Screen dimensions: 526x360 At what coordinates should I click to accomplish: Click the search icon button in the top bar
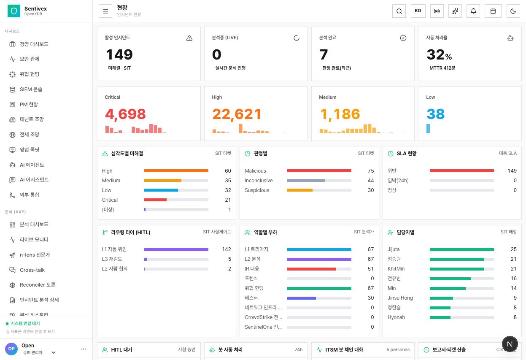click(399, 11)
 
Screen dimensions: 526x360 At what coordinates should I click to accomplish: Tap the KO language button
click(418, 11)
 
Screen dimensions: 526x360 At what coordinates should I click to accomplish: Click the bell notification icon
click(473, 11)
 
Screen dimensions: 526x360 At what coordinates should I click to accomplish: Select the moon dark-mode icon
click(513, 11)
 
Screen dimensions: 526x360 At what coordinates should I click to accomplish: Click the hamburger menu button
click(105, 11)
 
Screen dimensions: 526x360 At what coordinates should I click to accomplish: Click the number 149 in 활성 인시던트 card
click(119, 54)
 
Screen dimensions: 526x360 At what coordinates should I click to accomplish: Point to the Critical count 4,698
click(125, 114)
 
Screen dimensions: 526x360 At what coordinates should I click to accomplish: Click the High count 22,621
click(237, 114)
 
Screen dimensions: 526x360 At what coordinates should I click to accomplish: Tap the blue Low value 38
click(436, 114)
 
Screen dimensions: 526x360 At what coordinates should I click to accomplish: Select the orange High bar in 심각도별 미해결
click(176, 171)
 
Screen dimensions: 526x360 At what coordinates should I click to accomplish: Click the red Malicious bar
click(319, 171)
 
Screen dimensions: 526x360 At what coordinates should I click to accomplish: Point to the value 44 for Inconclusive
click(371, 181)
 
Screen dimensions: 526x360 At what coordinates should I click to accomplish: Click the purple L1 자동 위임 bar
click(176, 249)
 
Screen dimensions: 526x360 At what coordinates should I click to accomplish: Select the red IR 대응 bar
click(311, 269)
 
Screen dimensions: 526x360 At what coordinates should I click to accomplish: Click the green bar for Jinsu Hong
click(441, 298)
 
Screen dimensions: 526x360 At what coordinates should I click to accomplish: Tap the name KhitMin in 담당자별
click(396, 269)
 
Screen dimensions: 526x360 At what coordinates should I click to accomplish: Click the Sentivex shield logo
click(14, 11)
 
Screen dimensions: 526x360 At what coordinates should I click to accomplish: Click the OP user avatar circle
click(11, 349)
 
